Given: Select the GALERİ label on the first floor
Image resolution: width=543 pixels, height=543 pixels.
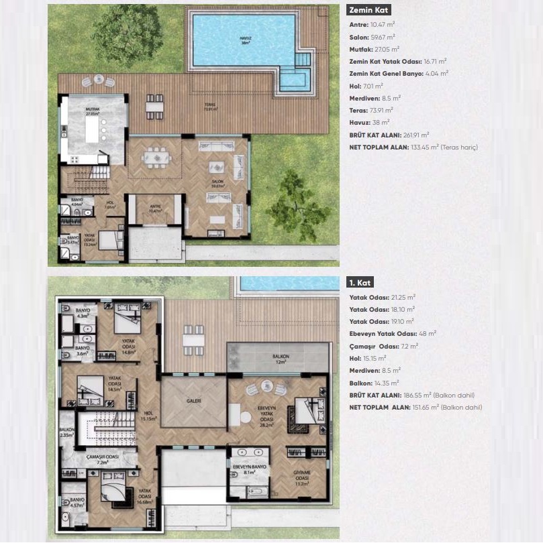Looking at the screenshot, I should (194, 401).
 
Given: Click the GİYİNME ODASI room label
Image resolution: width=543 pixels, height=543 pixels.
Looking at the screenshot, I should (301, 479).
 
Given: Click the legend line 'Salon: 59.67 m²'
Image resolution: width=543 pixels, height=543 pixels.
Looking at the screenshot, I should (375, 37).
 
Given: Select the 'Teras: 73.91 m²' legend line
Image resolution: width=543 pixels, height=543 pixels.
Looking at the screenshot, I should (372, 110).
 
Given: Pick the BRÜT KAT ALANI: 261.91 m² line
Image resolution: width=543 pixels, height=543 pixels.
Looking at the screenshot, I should (389, 134).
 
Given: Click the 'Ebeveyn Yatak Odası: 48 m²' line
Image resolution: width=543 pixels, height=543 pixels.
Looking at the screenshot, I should (393, 333).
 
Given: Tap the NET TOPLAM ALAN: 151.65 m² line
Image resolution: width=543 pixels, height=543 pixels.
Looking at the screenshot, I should (415, 407).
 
